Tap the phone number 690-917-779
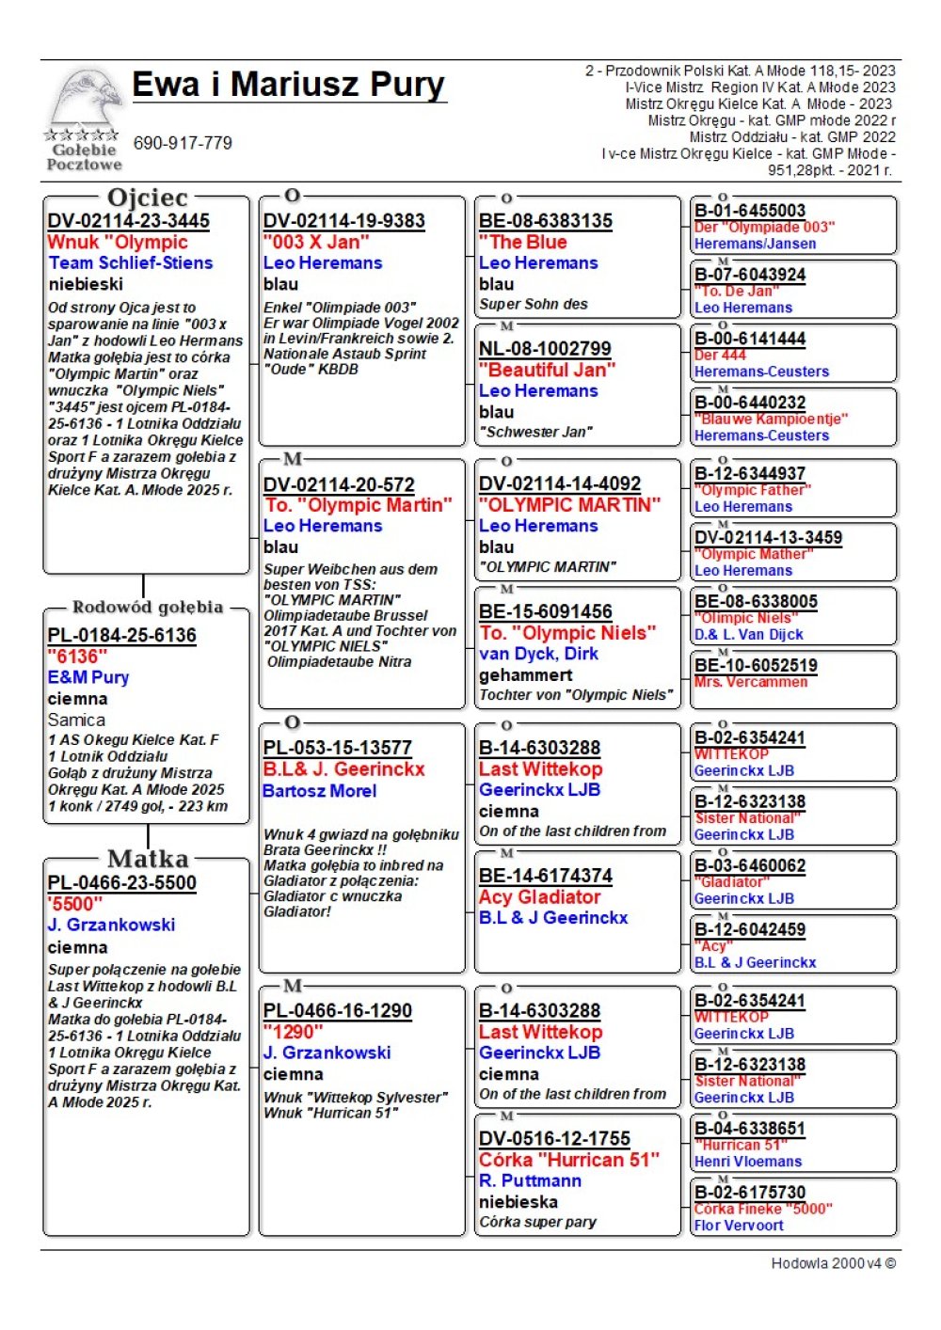click(x=183, y=143)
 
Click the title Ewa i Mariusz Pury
click(x=288, y=85)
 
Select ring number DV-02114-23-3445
click(x=129, y=221)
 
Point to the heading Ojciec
click(x=148, y=198)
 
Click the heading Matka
click(x=148, y=859)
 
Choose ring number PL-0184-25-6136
click(x=122, y=635)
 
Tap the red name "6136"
click(x=77, y=657)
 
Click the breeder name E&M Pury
click(x=88, y=677)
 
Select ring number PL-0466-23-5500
click(x=122, y=882)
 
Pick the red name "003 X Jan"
click(x=316, y=242)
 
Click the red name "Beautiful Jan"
click(x=547, y=370)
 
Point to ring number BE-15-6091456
click(x=546, y=611)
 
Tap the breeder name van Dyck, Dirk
click(x=538, y=654)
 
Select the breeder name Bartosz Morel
click(x=320, y=791)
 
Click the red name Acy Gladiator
click(x=539, y=897)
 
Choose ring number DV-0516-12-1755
click(x=554, y=1138)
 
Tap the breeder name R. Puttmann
click(x=530, y=1180)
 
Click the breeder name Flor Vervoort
click(x=739, y=1226)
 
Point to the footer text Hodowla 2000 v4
click(x=833, y=1263)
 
